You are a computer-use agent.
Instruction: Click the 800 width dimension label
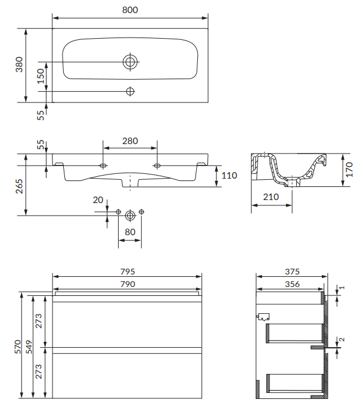tap(130, 10)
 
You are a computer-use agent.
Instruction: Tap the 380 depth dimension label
tap(19, 64)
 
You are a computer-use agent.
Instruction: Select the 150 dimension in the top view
tap(41, 76)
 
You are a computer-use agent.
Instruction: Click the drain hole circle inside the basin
tap(130, 62)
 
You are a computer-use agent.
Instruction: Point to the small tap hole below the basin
tap(130, 91)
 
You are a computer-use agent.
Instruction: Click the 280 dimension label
tap(130, 141)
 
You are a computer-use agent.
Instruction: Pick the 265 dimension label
tap(19, 186)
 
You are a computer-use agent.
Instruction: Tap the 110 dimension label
tap(229, 176)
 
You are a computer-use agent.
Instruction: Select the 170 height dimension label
tap(349, 170)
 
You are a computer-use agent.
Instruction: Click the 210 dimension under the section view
tap(271, 197)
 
